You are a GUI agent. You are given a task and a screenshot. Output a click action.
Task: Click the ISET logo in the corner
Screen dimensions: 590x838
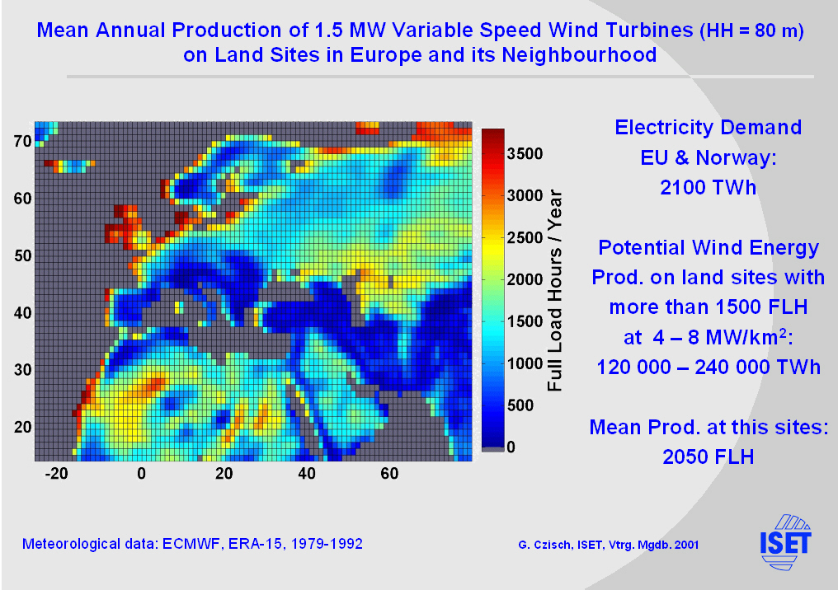785,541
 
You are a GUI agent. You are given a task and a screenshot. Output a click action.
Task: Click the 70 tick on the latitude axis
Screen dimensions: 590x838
22,141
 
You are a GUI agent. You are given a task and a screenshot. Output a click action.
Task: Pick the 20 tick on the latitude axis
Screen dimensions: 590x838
22,426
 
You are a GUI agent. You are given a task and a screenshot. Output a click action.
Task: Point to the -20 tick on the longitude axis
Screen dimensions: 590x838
56,474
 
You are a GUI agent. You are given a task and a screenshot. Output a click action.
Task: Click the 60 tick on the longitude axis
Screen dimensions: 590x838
390,474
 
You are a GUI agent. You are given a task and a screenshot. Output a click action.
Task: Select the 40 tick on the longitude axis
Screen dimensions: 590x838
307,474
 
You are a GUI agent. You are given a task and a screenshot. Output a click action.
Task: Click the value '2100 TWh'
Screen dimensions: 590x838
708,187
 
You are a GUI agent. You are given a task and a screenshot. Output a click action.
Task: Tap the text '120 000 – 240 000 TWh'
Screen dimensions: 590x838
709,367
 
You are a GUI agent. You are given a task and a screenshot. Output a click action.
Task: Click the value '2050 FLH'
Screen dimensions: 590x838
709,457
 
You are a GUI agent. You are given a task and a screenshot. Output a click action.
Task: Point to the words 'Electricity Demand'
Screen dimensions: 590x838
709,128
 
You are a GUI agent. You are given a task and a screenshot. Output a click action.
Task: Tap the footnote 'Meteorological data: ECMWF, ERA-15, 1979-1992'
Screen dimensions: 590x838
192,545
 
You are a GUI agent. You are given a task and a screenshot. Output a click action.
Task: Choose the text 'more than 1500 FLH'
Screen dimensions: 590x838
709,307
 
